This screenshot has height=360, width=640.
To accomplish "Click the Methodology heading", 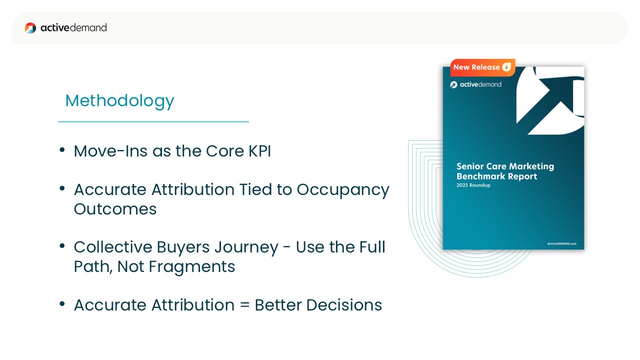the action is pyautogui.click(x=119, y=101).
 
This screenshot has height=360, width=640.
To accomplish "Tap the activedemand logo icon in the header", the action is pyautogui.click(x=30, y=28).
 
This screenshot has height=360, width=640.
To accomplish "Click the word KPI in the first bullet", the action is pyautogui.click(x=259, y=151).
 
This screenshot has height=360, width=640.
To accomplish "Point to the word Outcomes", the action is pyautogui.click(x=115, y=209).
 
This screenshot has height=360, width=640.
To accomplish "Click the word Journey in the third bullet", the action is pyautogui.click(x=246, y=248).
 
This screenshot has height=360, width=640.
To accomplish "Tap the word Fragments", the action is pyautogui.click(x=191, y=267).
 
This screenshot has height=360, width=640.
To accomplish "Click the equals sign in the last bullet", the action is pyautogui.click(x=244, y=305).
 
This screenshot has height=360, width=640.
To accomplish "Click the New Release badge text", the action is pyautogui.click(x=476, y=67).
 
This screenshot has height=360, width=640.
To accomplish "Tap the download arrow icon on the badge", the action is pyautogui.click(x=506, y=67).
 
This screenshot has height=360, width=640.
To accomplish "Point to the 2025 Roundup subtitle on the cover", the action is pyautogui.click(x=473, y=185).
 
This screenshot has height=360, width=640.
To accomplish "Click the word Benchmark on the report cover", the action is pyautogui.click(x=479, y=176).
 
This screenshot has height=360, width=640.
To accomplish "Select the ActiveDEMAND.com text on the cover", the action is pyautogui.click(x=561, y=243).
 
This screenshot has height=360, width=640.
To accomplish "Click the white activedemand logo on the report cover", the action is pyautogui.click(x=475, y=84).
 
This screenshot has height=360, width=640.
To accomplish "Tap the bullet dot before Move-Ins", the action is pyautogui.click(x=62, y=149).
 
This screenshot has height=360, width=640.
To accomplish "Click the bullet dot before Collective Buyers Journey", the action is pyautogui.click(x=62, y=245).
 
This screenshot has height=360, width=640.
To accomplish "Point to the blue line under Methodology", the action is pyautogui.click(x=153, y=121).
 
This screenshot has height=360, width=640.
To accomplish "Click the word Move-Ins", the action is pyautogui.click(x=111, y=151).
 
